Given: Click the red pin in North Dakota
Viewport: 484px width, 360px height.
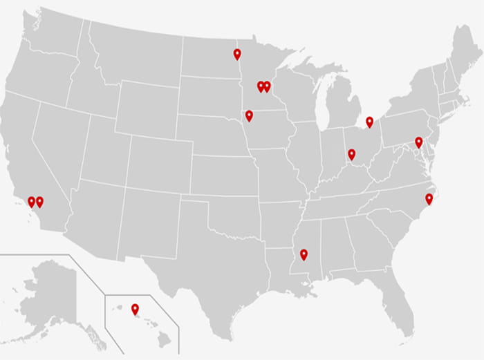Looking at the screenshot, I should [x=237, y=53].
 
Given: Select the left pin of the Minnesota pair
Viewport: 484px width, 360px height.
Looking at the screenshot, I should [x=261, y=86].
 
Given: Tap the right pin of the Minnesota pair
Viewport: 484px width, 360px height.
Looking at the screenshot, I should [x=268, y=86].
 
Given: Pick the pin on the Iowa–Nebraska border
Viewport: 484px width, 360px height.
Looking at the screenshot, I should [x=249, y=115].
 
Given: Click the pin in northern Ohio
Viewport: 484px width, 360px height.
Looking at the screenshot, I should [x=369, y=122].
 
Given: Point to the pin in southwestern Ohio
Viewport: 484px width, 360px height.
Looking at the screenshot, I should [x=351, y=153].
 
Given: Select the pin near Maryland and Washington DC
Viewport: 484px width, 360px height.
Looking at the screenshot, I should [x=418, y=142].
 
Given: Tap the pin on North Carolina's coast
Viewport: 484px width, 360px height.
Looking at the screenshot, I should [x=429, y=198].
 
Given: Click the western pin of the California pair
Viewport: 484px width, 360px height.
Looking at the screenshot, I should [x=31, y=201].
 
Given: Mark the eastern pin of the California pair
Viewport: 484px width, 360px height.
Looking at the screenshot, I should [x=39, y=201].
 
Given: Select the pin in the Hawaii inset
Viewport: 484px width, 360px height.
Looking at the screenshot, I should [x=135, y=308].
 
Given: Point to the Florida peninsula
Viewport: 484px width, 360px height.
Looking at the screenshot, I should [x=401, y=304].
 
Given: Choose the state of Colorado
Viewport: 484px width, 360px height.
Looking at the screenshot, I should [x=156, y=162].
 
